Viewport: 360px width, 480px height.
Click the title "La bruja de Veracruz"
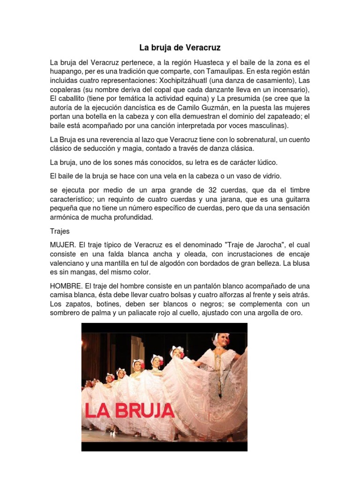180,48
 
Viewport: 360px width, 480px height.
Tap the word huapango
67,72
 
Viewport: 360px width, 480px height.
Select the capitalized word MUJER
63,245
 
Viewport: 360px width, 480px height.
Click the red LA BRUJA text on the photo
129,411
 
